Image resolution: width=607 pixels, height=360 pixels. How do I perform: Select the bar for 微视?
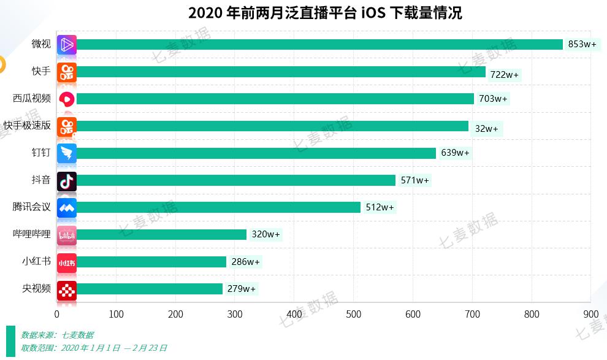point(319,44)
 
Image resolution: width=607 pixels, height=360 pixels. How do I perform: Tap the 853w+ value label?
point(582,44)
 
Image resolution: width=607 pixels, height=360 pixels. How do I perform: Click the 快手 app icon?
point(67,72)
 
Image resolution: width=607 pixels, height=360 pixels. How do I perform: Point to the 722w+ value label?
point(504,75)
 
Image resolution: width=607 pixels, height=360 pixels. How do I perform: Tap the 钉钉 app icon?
point(67,153)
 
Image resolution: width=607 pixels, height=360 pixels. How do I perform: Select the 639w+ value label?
point(455,153)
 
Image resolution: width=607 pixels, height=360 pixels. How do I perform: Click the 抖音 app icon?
point(67,180)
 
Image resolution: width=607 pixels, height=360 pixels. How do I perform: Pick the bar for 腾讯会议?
point(218,207)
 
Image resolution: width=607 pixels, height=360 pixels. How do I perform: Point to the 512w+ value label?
point(380,207)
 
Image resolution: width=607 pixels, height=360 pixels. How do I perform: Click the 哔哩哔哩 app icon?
point(67,234)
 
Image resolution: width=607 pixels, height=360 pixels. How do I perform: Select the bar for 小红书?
point(151,262)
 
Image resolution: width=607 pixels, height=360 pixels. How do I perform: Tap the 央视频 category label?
point(36,288)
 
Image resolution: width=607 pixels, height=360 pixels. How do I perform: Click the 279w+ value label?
point(241,289)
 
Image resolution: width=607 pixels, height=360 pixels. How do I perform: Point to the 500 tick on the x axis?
point(354,315)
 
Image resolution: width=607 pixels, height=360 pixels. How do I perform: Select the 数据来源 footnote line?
point(57,335)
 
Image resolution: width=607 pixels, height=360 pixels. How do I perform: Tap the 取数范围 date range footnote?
point(93,348)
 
